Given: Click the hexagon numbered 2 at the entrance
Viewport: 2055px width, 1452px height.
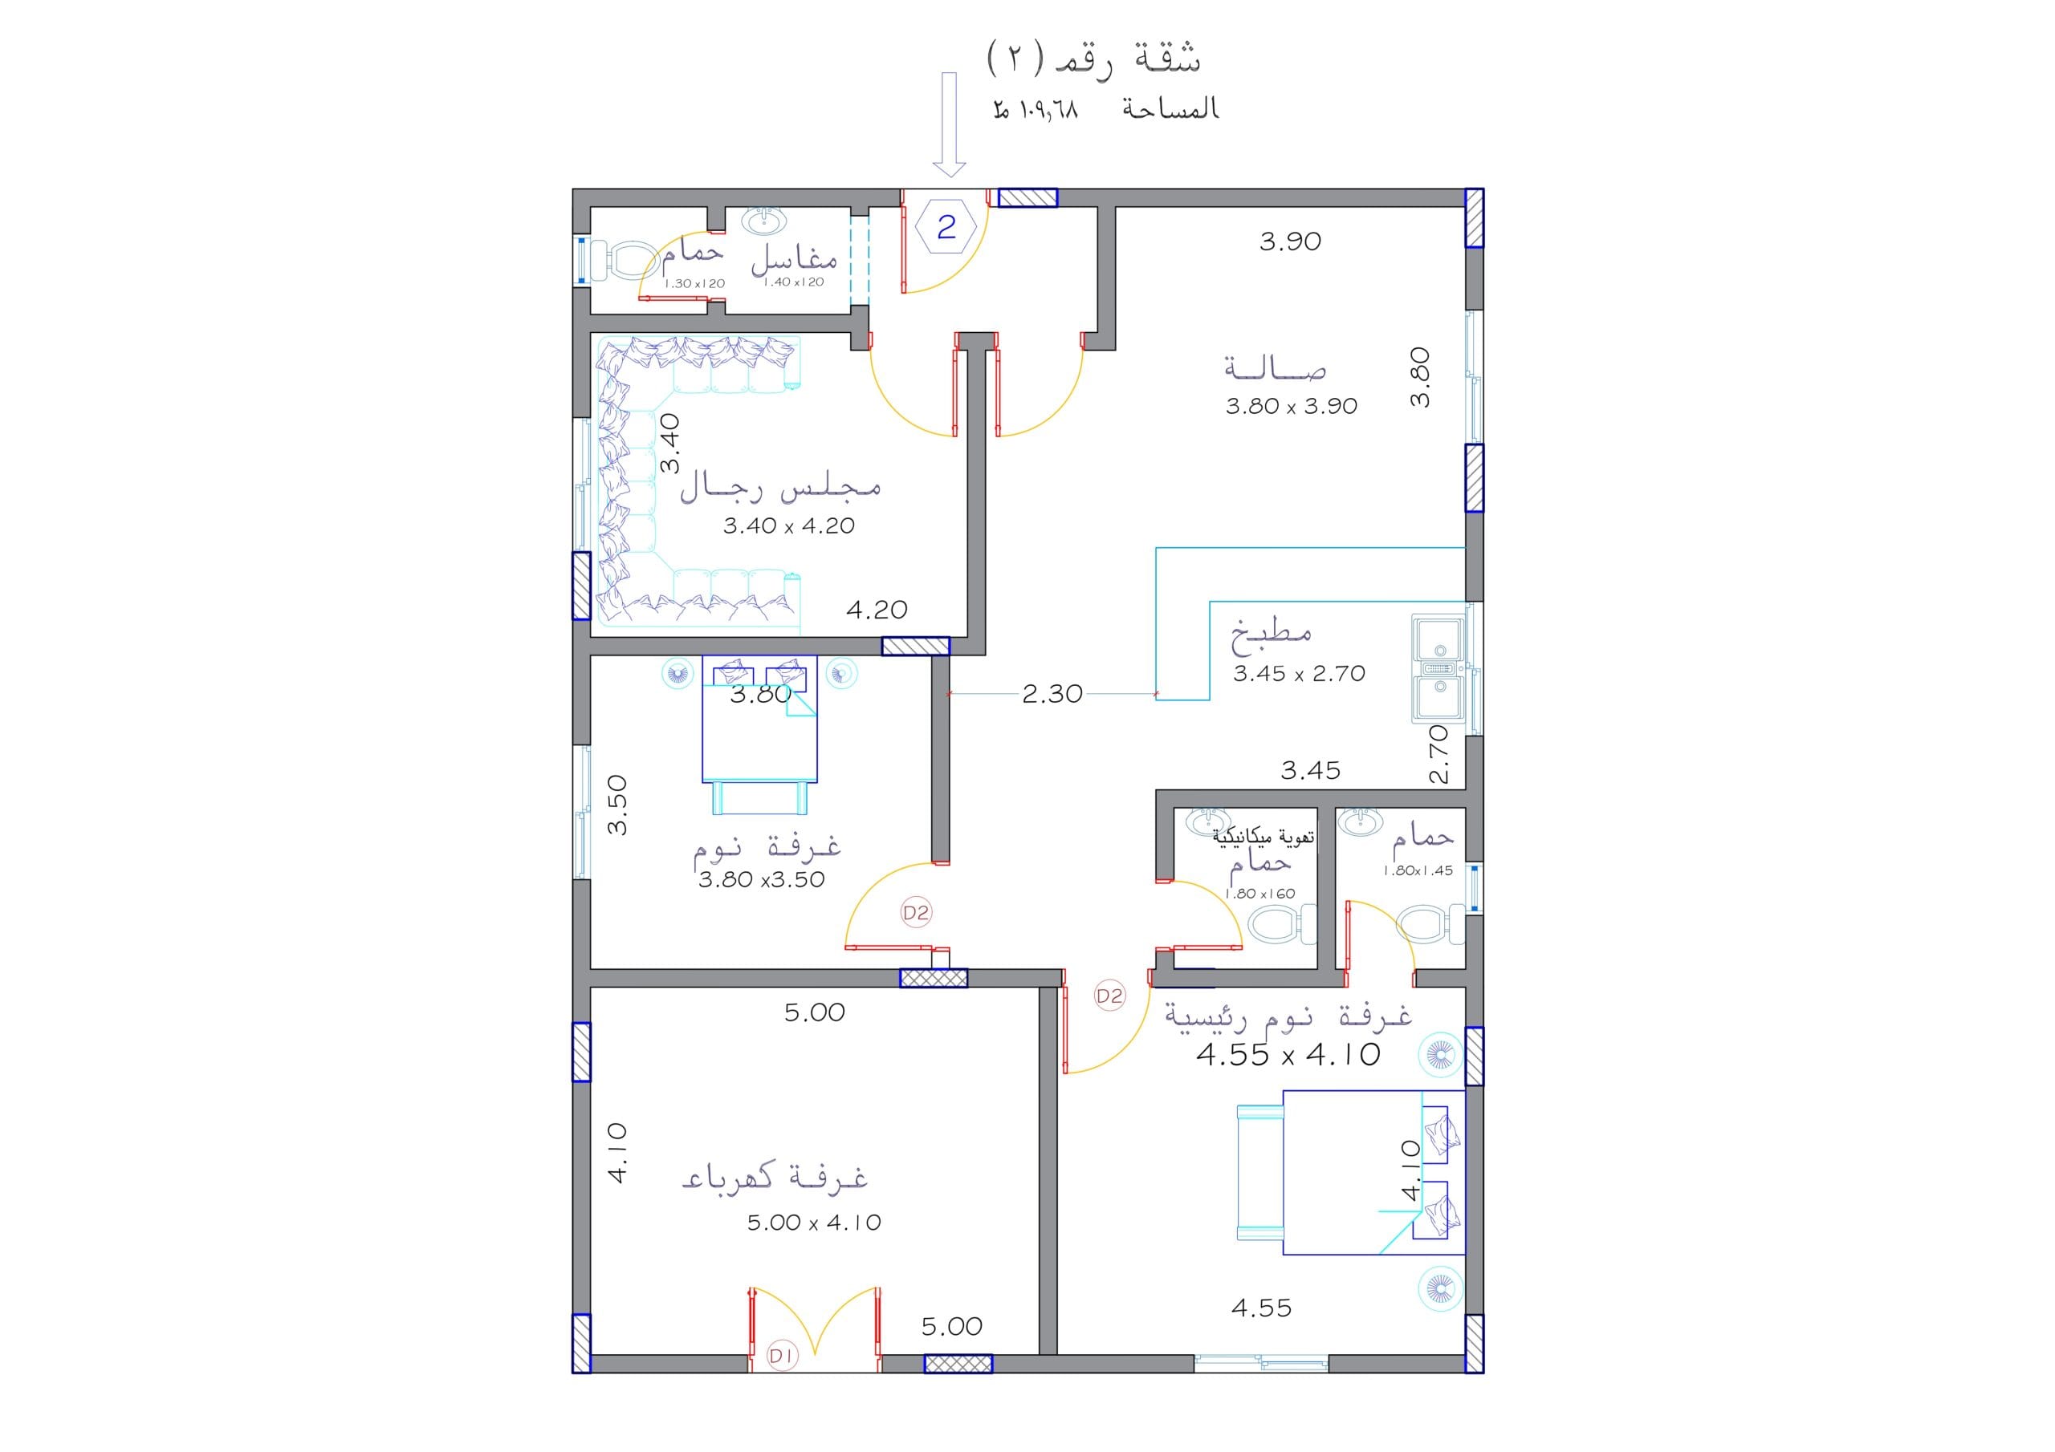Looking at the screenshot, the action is click(946, 227).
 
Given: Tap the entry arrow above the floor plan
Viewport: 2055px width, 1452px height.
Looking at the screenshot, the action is click(949, 124).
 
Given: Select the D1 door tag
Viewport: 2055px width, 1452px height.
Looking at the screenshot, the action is click(781, 1357).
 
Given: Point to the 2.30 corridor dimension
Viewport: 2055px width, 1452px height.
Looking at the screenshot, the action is click(1052, 693).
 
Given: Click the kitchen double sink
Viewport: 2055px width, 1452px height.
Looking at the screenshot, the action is click(1439, 668).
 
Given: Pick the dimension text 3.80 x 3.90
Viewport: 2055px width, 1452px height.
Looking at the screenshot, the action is click(1291, 406).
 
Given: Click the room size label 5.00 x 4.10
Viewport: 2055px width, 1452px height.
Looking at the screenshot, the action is click(814, 1222).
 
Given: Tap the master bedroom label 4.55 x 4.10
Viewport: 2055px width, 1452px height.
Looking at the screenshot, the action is click(1288, 1055).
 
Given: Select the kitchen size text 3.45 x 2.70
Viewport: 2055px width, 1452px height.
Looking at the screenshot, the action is click(1299, 674).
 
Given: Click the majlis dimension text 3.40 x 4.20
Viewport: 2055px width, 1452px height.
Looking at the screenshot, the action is click(788, 526).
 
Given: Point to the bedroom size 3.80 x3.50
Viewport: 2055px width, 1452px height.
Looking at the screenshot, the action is click(761, 879).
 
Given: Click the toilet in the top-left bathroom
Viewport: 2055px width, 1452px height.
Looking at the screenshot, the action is click(628, 258).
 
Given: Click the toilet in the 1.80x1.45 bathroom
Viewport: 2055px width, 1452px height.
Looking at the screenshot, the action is click(1430, 924).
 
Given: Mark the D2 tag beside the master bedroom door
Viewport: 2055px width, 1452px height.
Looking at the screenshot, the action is click(1109, 996).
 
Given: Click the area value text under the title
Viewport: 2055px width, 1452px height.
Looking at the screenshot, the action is click(1036, 109).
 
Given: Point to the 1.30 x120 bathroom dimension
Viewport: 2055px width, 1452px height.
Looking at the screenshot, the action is click(694, 284).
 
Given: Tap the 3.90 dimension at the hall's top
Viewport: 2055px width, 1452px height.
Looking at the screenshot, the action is click(1290, 241).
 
